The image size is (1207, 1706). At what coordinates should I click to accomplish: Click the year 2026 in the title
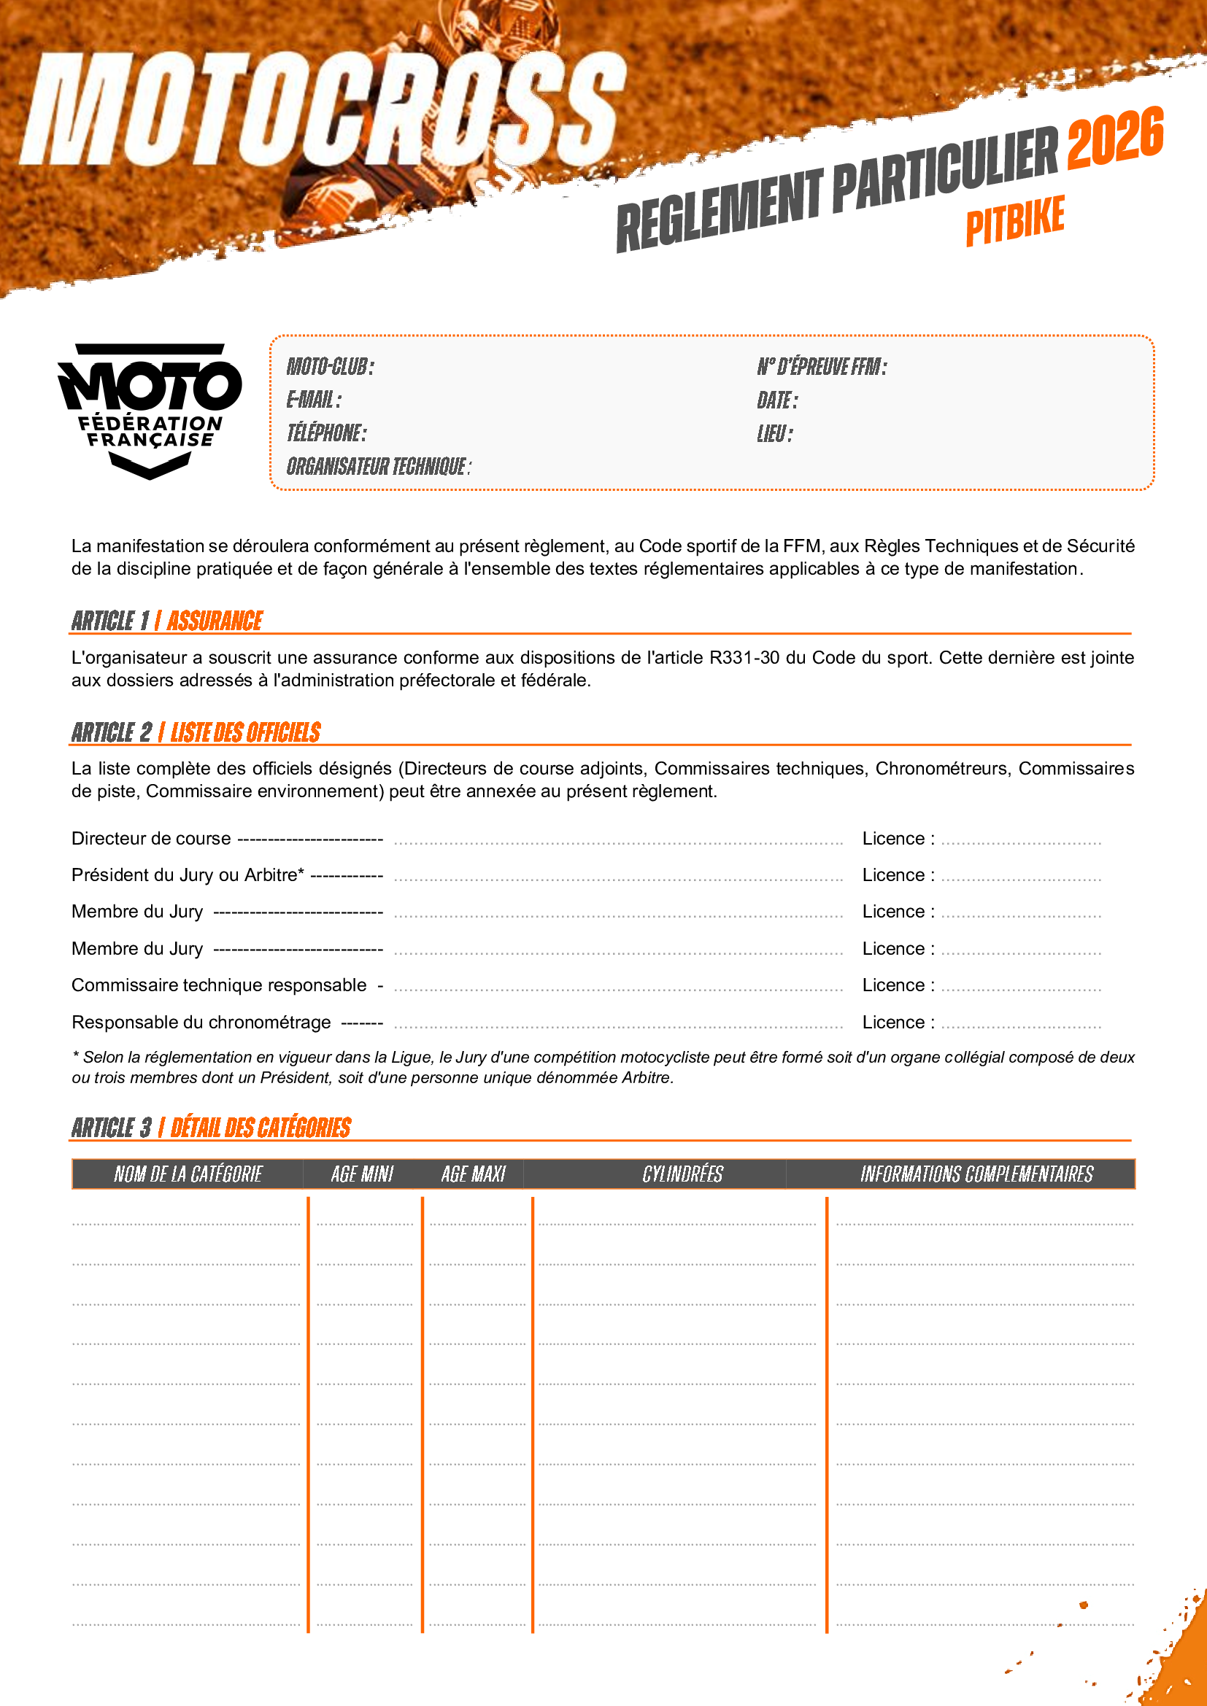[x=1115, y=137]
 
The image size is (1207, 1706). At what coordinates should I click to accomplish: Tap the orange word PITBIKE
[x=1015, y=220]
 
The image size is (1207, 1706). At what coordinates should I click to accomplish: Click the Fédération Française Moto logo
[x=150, y=409]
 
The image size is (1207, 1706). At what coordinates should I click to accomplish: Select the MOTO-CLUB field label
[x=331, y=366]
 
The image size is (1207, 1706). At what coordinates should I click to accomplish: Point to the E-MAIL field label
[x=315, y=400]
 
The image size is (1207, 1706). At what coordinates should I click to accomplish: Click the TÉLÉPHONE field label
[x=327, y=433]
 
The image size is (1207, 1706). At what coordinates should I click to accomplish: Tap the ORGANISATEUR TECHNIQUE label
[x=379, y=467]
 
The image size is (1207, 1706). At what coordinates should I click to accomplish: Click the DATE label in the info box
[x=777, y=400]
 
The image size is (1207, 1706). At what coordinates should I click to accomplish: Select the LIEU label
[x=774, y=434]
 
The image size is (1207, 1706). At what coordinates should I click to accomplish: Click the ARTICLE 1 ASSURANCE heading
[x=167, y=621]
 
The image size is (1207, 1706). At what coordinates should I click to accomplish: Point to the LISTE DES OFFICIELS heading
[x=245, y=732]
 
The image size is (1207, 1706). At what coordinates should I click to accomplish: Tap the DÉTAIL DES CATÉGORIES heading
[x=261, y=1128]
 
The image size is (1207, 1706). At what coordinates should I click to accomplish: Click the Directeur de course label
[x=151, y=839]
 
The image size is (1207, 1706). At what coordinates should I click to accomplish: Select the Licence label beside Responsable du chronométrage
[x=898, y=1023]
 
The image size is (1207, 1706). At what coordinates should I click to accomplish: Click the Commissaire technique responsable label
[x=219, y=985]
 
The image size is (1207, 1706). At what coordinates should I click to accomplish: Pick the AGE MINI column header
[x=362, y=1174]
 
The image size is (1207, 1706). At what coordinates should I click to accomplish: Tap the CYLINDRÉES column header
[x=682, y=1174]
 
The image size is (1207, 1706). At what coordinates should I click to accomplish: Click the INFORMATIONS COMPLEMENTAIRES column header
[x=976, y=1174]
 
